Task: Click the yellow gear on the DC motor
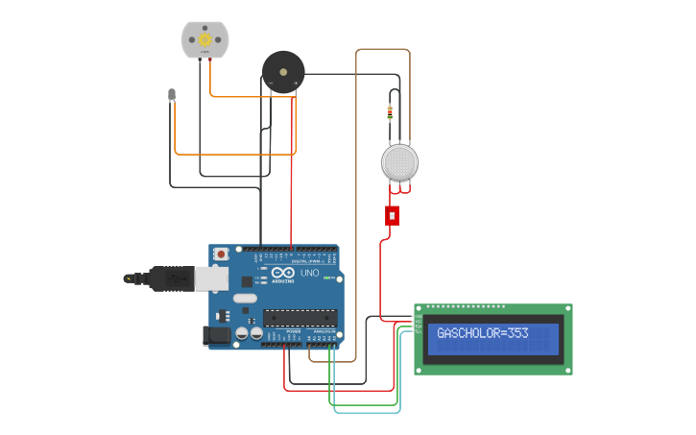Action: pyautogui.click(x=205, y=40)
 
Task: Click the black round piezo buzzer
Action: pyautogui.click(x=283, y=70)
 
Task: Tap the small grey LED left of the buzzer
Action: pyautogui.click(x=172, y=94)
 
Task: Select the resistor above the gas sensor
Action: pyautogui.click(x=389, y=113)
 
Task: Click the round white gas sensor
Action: pyautogui.click(x=399, y=162)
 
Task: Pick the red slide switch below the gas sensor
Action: pyautogui.click(x=392, y=215)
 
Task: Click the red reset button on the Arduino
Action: pyautogui.click(x=222, y=254)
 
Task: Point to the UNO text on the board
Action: pyautogui.click(x=310, y=274)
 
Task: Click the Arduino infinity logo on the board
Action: pyautogui.click(x=282, y=273)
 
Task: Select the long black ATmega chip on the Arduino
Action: pyautogui.click(x=300, y=317)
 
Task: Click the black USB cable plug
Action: pyautogui.click(x=168, y=278)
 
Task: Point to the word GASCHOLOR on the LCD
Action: pyautogui.click(x=471, y=333)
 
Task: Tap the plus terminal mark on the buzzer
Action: pyautogui.click(x=296, y=85)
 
